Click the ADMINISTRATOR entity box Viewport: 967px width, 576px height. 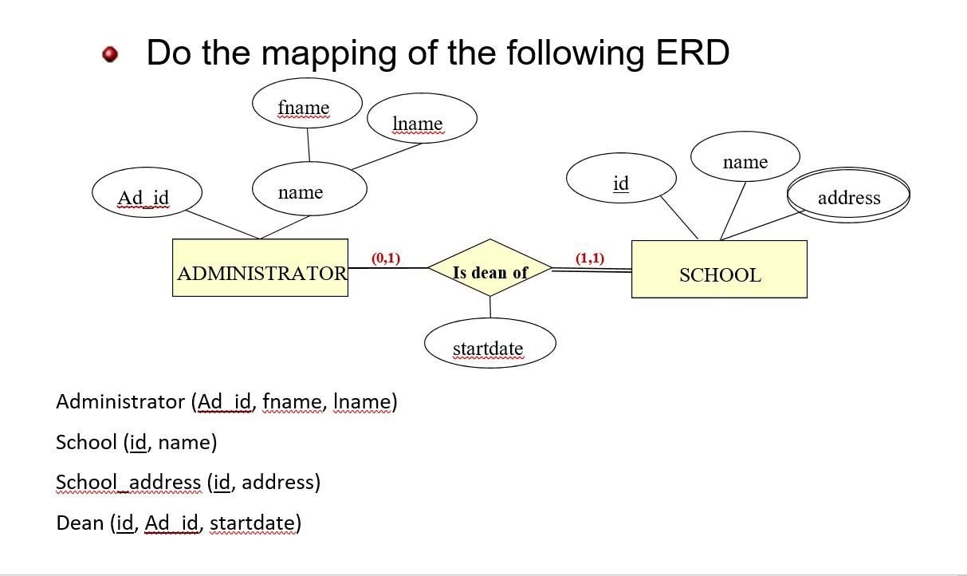coord(260,268)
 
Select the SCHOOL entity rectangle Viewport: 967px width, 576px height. coord(719,270)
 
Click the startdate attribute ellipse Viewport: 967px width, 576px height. coord(489,345)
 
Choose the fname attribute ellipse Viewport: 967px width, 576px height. coord(307,104)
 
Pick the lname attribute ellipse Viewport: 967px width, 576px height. coord(422,120)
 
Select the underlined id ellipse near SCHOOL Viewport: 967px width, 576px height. coord(621,180)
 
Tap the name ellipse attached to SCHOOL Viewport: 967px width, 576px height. coord(745,159)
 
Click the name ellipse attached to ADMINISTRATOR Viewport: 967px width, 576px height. coord(309,190)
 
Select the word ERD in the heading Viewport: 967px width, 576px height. coord(692,53)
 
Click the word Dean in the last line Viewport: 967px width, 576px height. coord(80,523)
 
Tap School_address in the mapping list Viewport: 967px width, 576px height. coord(128,483)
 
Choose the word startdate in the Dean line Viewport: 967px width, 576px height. coord(252,523)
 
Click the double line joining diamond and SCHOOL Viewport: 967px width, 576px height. coord(592,271)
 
